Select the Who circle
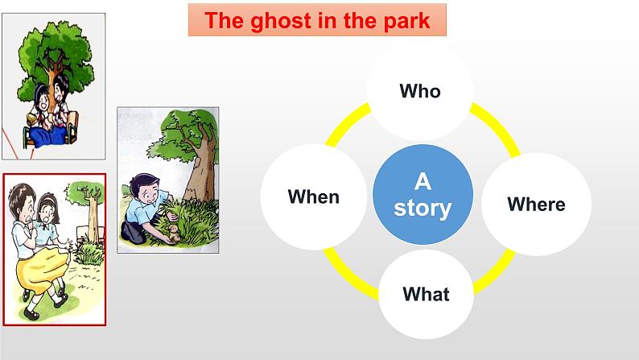tap(420, 91)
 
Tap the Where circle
tap(536, 205)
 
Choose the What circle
tap(426, 294)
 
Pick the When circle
tap(313, 197)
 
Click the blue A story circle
tap(423, 194)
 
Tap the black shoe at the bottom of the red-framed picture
tap(31, 314)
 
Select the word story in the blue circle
tap(423, 208)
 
